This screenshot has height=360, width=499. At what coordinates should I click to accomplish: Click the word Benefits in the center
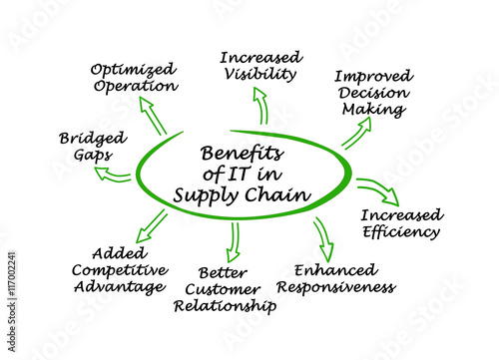243,154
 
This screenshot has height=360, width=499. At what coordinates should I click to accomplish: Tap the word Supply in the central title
206,195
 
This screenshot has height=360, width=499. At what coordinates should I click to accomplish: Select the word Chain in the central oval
278,194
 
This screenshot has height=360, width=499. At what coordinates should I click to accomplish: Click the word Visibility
260,74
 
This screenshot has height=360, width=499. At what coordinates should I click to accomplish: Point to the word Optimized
134,70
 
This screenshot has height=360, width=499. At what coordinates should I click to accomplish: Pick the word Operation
136,86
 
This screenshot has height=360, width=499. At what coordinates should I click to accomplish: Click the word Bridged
93,139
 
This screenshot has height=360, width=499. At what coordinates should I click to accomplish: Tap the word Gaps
93,156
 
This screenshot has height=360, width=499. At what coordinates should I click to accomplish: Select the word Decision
374,93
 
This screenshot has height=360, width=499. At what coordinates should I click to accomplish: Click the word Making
374,110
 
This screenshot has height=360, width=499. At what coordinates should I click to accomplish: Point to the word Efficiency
401,231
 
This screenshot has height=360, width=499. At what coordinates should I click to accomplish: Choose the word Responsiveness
336,287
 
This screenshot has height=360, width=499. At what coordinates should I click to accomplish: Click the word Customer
223,289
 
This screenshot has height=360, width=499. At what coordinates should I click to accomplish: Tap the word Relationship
225,306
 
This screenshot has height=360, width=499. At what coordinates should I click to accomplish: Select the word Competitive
120,270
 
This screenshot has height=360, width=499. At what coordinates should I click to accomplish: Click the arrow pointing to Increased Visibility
261,106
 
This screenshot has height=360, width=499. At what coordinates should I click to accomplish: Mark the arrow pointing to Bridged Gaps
112,176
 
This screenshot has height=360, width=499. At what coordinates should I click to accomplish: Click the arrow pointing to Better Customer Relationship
234,242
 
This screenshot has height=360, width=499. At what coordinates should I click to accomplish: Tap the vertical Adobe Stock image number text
11,302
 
